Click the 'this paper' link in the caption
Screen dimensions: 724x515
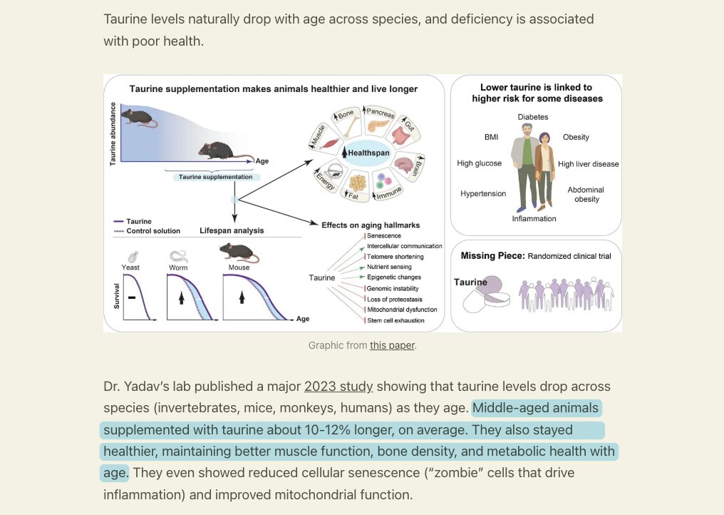pyautogui.click(x=392, y=345)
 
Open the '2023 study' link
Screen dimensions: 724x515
pyautogui.click(x=338, y=387)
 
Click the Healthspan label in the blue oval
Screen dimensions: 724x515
pyautogui.click(x=368, y=153)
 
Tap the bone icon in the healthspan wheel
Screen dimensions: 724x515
pyautogui.click(x=353, y=127)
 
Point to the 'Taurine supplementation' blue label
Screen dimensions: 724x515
pyautogui.click(x=216, y=177)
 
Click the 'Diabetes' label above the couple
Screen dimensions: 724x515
pyautogui.click(x=533, y=117)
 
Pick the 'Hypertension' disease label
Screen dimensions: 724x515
pyautogui.click(x=483, y=194)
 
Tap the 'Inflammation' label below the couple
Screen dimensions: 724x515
pyautogui.click(x=534, y=219)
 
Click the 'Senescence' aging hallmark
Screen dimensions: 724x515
pyautogui.click(x=383, y=236)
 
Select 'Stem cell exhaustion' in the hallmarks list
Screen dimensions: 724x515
pyautogui.click(x=395, y=320)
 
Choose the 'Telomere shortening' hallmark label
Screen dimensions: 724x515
pyautogui.click(x=395, y=257)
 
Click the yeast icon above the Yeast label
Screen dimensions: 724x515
pyautogui.click(x=133, y=257)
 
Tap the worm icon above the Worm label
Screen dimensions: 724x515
pyautogui.click(x=178, y=256)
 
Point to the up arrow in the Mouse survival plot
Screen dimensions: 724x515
pyautogui.click(x=242, y=297)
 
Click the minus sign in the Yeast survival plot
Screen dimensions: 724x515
pyautogui.click(x=132, y=297)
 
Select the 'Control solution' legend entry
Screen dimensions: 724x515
pyautogui.click(x=153, y=230)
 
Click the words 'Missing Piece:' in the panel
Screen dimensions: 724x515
pyautogui.click(x=492, y=255)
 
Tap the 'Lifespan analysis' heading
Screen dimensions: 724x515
pyautogui.click(x=232, y=230)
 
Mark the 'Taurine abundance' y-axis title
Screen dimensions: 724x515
pyautogui.click(x=113, y=134)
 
